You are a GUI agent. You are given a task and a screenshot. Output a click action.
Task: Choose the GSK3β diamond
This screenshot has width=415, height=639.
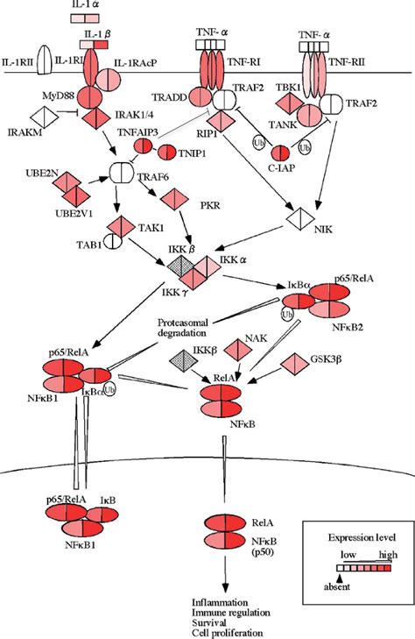[x=294, y=361]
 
